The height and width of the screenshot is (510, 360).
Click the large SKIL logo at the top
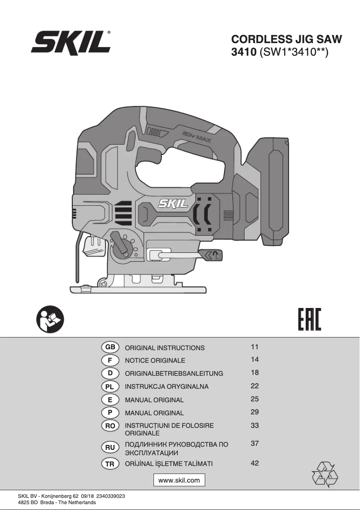click(x=70, y=42)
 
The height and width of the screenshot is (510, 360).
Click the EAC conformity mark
click(x=309, y=319)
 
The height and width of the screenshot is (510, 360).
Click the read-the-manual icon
click(x=50, y=319)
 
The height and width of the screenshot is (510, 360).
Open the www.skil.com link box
click(x=179, y=480)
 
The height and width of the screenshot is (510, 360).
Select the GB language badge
click(x=110, y=347)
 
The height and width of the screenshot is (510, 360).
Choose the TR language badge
click(x=110, y=464)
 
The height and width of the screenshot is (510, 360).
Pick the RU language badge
click(x=110, y=448)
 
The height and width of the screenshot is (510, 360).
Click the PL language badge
click(x=110, y=387)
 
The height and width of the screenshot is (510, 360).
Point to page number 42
click(x=255, y=463)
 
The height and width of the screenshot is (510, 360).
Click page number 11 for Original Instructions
click(x=255, y=347)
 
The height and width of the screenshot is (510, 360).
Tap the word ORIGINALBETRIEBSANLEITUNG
click(x=174, y=374)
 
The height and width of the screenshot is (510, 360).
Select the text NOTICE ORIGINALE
click(x=155, y=361)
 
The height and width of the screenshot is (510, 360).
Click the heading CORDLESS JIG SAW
click(x=286, y=40)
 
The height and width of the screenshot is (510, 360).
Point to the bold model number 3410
click(x=244, y=52)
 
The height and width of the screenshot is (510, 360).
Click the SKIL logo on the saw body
click(x=173, y=204)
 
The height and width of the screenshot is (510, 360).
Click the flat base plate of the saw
click(x=138, y=290)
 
